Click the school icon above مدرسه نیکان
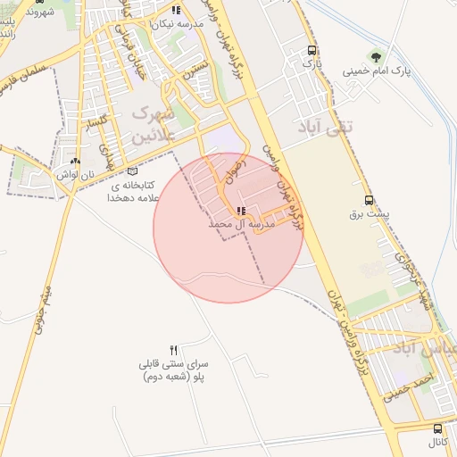pos(176,11)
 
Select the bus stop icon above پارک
pos(311,50)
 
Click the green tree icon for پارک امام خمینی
pos(383,56)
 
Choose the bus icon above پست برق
pos(370,200)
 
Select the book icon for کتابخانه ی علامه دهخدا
pos(133,170)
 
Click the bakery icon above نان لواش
pos(75,162)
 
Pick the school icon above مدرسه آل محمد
pos(241,211)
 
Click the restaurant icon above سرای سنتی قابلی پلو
pos(174,350)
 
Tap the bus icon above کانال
pos(436,428)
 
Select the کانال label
pos(436,443)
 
